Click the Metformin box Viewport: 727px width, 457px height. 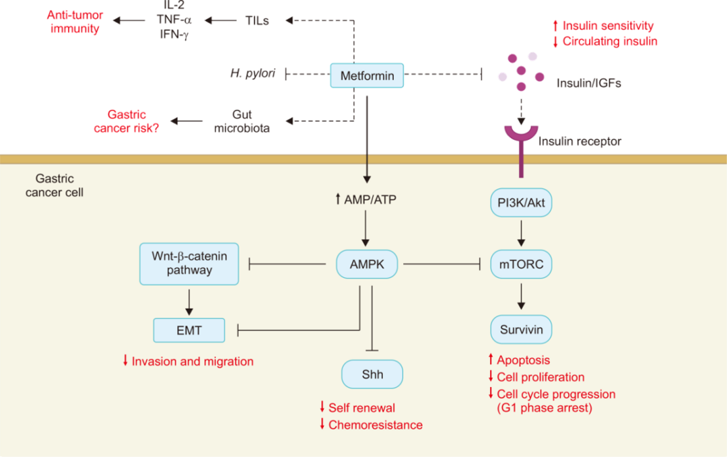tap(367, 75)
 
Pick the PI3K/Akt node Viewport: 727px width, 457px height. tap(521, 202)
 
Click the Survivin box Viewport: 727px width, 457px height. tap(521, 330)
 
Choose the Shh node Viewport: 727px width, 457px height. tap(372, 374)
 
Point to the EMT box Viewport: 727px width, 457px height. tap(189, 330)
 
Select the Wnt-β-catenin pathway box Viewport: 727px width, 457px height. tap(189, 264)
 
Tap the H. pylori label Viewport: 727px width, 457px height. tap(252, 73)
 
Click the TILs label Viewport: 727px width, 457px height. tap(257, 21)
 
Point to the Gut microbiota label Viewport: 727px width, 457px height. tap(242, 121)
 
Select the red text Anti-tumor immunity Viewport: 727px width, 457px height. tap(75, 21)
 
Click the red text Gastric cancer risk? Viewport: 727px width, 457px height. tap(126, 121)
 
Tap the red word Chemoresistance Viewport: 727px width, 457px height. tap(376, 425)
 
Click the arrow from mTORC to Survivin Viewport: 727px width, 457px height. tap(521, 297)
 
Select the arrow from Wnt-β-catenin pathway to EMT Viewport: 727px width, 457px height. tap(189, 301)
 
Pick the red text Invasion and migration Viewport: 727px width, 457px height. tap(193, 361)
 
